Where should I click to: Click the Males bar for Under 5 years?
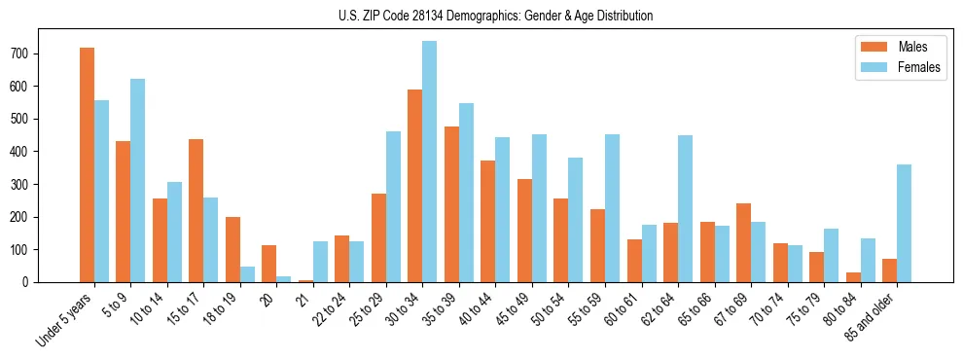[87, 165]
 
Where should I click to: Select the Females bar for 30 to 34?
[429, 162]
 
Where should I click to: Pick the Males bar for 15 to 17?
[196, 211]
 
